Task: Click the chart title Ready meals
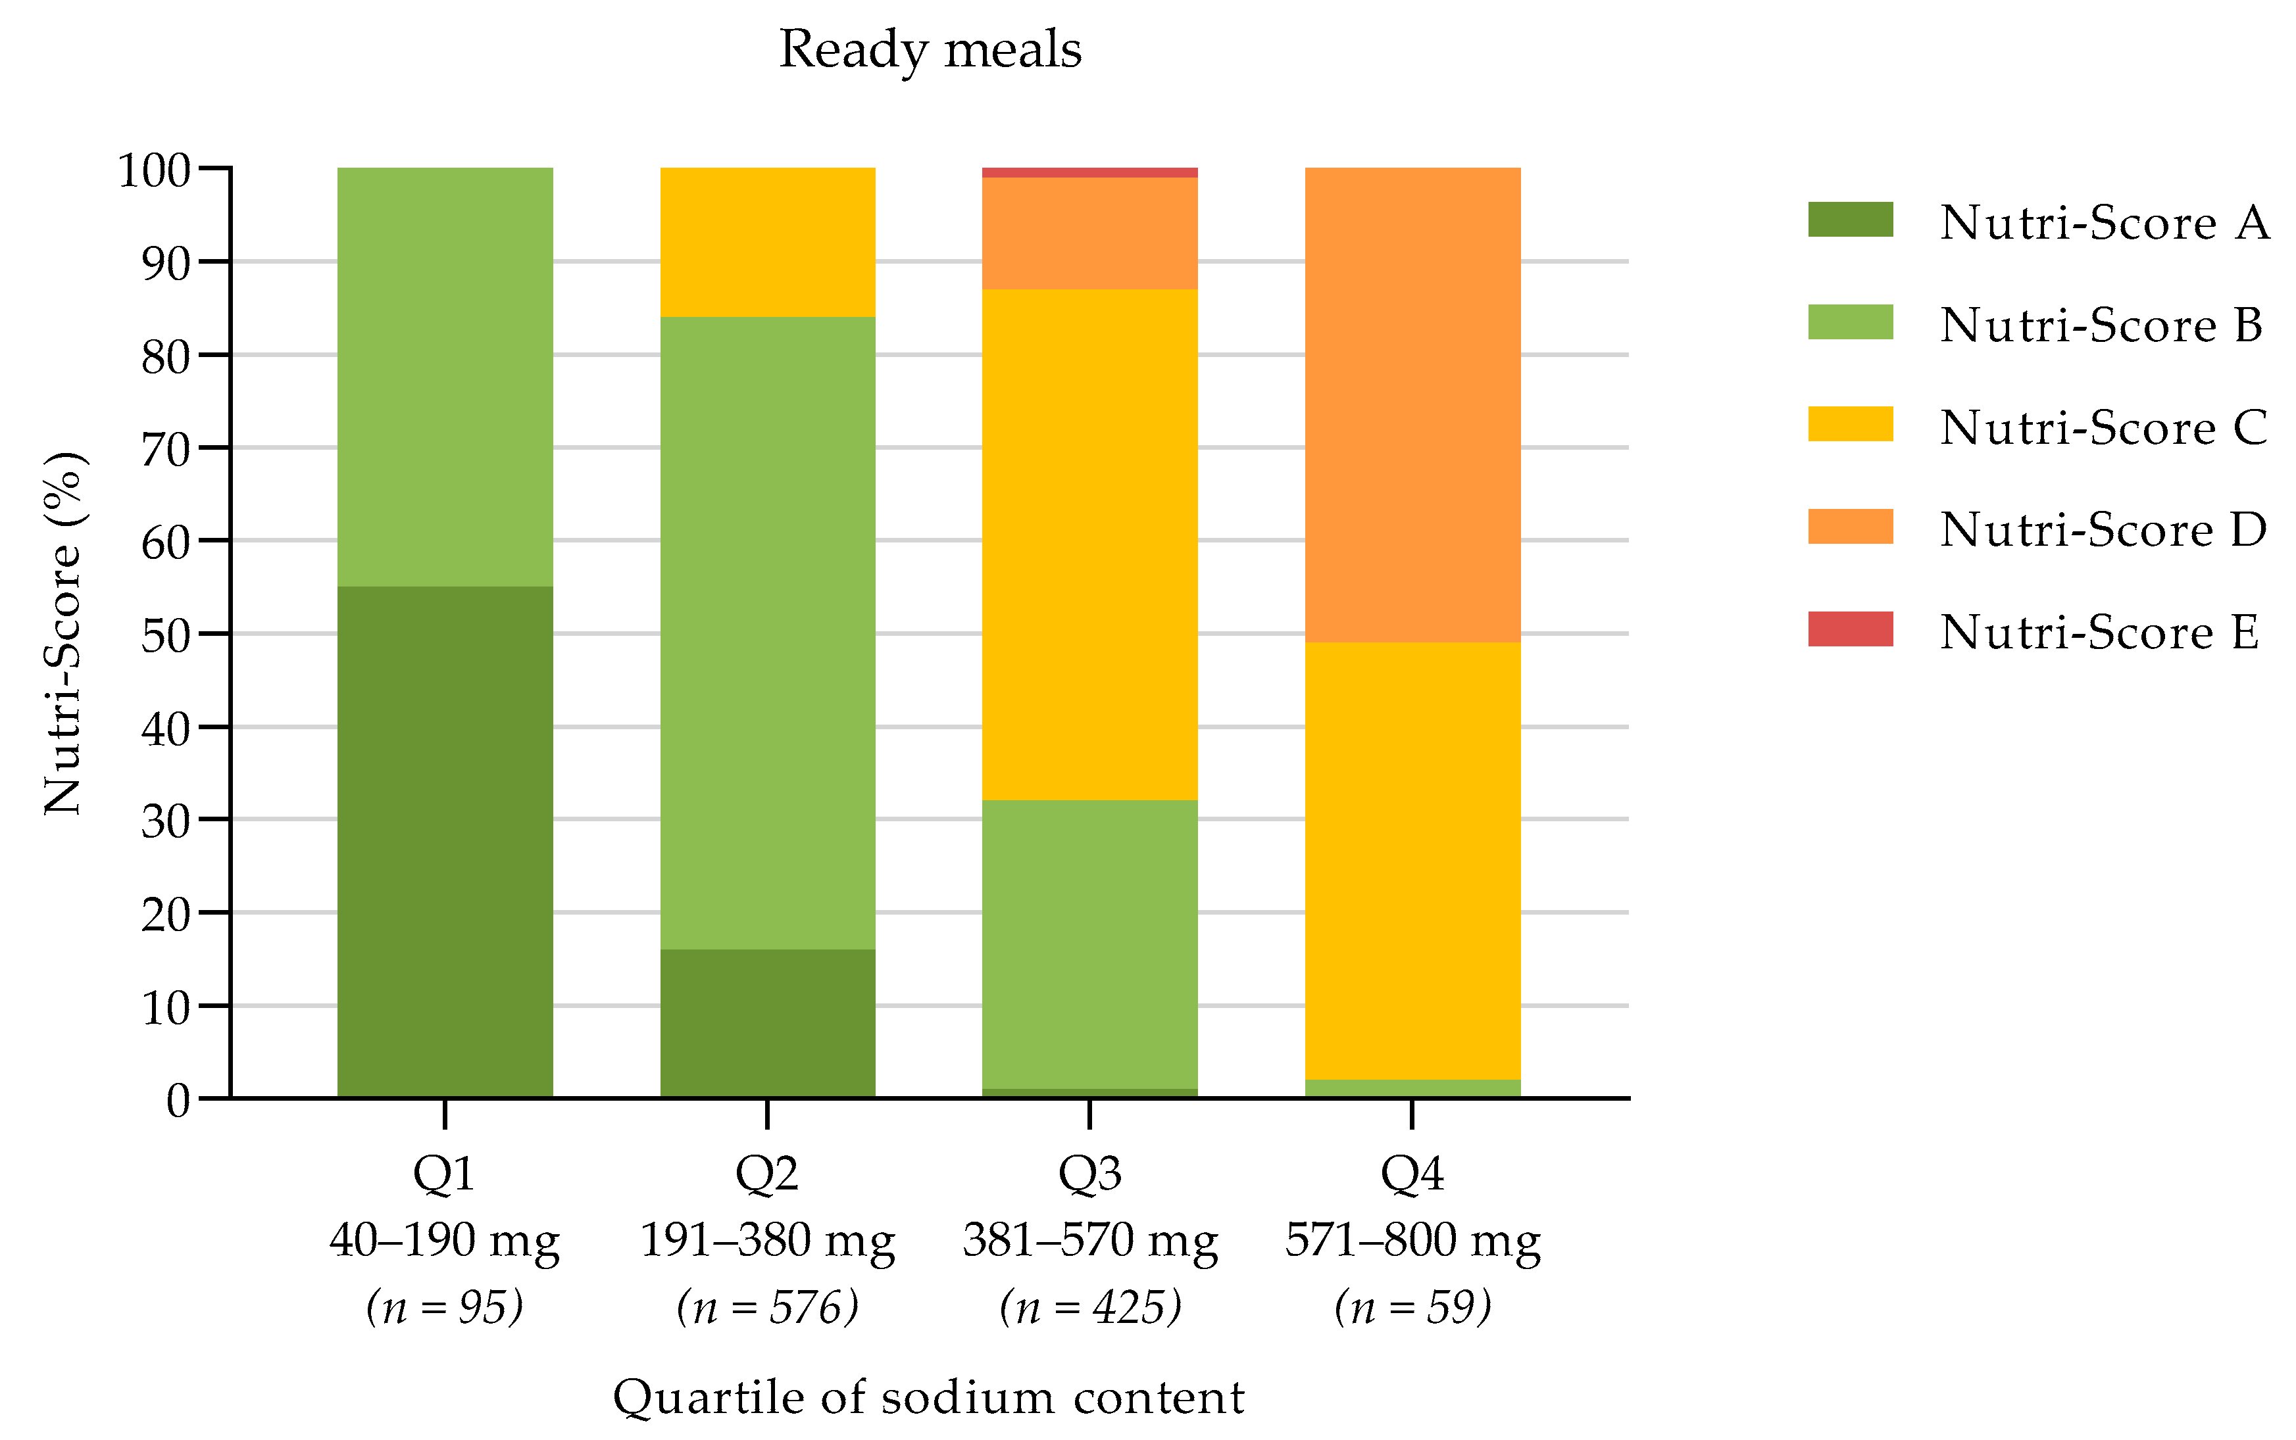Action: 930,49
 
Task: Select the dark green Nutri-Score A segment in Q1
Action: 445,841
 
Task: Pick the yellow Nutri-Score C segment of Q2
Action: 767,242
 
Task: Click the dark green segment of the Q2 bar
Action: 767,1023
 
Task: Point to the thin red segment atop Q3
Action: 1089,172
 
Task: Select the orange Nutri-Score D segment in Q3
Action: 1089,233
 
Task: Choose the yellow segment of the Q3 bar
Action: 1089,544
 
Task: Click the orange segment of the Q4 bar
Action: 1412,405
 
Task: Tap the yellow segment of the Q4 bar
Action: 1412,861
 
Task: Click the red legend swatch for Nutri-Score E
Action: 1849,629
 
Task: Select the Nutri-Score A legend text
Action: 2103,223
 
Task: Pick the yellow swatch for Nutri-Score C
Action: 1849,424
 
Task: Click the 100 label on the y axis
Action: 155,172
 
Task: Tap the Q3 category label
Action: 1089,1173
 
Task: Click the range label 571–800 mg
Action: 1412,1240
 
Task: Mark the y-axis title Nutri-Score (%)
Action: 64,633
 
